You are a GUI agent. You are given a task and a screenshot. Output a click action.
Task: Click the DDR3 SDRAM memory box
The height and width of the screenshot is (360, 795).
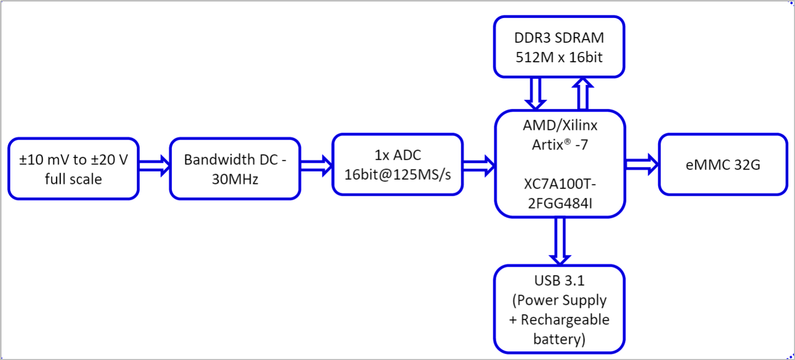[x=559, y=47]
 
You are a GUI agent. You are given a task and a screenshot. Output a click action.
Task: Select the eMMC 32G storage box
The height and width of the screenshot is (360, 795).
[x=723, y=165]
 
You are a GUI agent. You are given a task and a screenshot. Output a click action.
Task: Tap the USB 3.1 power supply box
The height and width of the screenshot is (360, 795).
[x=559, y=309]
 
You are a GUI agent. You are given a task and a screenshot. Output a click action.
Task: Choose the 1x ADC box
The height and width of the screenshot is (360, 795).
[x=397, y=165]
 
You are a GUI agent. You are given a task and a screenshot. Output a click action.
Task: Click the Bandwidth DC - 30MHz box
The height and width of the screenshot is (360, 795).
[x=235, y=168]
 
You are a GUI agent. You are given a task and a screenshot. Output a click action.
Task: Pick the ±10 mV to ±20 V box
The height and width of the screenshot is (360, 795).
[x=73, y=169]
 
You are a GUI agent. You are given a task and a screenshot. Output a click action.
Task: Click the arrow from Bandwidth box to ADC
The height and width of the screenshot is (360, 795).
[x=316, y=165]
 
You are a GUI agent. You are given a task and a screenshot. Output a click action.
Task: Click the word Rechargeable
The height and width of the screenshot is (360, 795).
[x=565, y=319]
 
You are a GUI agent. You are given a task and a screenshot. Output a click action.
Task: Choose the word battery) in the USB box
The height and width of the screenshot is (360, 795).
[x=559, y=339]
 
